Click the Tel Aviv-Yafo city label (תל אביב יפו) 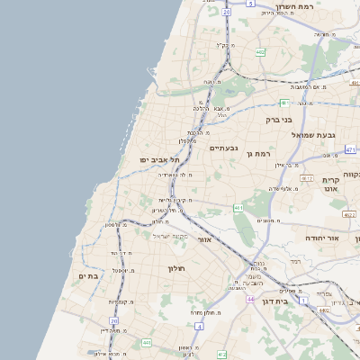click(x=160, y=159)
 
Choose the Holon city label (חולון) click(x=175, y=268)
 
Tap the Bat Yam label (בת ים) click(x=88, y=276)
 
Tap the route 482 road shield click(x=260, y=53)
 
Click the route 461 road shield click(x=238, y=208)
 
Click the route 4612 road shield click(x=307, y=178)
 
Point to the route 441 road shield click(x=146, y=342)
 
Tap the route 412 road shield click(x=221, y=355)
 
